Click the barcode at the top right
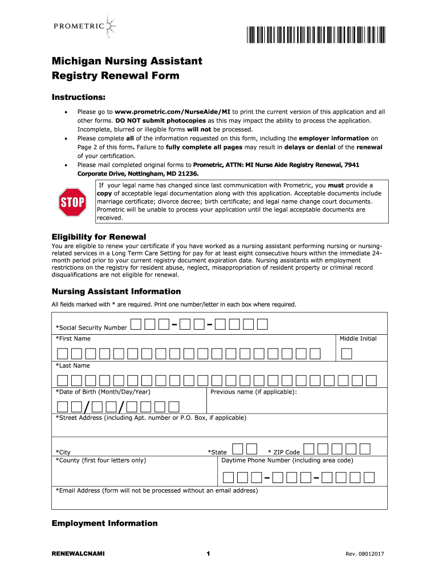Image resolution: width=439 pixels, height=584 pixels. click(316, 35)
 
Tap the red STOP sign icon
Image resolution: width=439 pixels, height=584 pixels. click(72, 202)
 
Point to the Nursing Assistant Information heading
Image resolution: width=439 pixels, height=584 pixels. click(116, 291)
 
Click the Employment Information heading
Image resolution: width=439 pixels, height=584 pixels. click(104, 523)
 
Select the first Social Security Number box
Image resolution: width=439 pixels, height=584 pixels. click(136, 325)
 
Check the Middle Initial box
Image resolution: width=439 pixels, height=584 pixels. click(347, 354)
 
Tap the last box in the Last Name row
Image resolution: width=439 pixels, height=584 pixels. click(371, 380)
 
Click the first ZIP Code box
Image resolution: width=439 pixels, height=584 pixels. click(308, 449)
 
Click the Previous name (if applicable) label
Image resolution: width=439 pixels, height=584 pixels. click(253, 392)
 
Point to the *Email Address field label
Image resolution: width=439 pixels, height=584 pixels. click(156, 490)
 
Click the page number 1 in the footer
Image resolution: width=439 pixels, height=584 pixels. click(209, 554)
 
